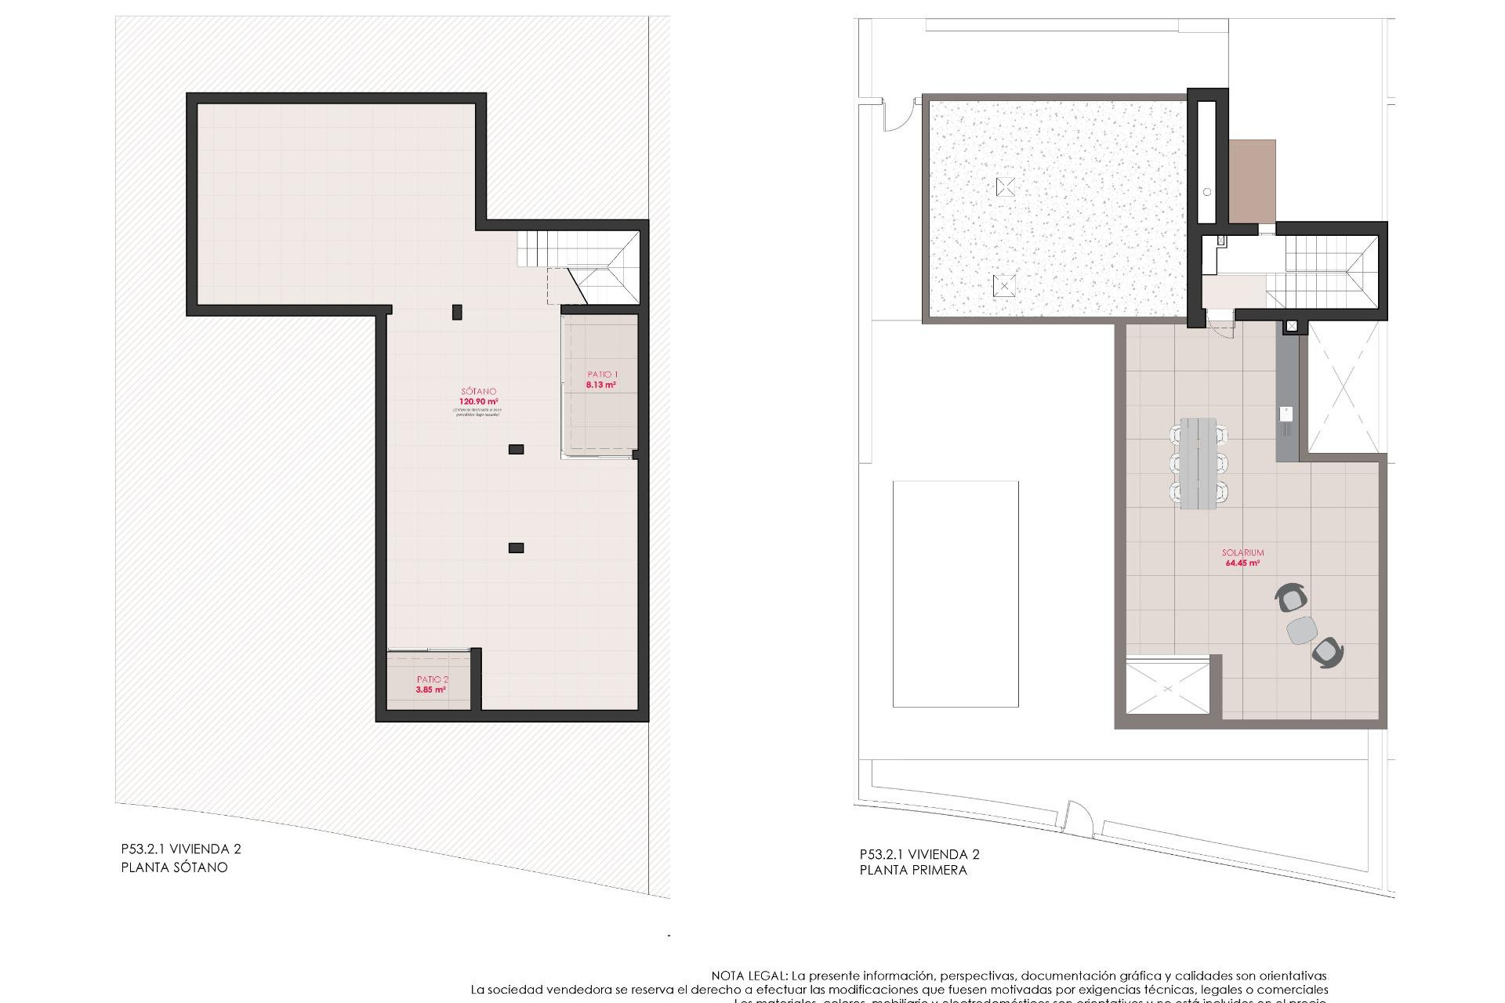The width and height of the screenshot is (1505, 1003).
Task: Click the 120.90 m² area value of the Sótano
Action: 477,401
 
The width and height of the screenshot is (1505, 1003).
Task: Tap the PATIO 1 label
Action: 602,375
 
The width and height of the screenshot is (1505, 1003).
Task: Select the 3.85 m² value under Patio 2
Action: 431,690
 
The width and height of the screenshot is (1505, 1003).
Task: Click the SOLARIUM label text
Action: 1242,552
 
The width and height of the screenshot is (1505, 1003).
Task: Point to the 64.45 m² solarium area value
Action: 1242,563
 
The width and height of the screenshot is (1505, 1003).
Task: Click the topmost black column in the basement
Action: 457,312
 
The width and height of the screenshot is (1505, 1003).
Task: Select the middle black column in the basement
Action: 516,449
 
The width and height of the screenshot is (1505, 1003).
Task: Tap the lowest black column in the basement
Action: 516,548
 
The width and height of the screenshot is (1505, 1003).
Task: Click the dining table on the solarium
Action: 1199,463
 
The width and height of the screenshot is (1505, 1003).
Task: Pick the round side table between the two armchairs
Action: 1302,629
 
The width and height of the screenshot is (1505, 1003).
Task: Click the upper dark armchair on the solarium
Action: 1291,599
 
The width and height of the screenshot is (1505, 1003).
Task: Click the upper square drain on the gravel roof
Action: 1006,186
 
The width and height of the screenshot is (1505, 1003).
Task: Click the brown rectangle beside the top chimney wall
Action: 1252,181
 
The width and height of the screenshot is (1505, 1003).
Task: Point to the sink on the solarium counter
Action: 1286,415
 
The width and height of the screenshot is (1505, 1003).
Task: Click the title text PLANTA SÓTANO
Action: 174,867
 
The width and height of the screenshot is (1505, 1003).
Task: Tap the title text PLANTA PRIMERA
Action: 913,870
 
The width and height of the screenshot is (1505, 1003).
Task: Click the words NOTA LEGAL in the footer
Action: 749,976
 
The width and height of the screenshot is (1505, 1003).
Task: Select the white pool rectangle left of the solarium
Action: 956,594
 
